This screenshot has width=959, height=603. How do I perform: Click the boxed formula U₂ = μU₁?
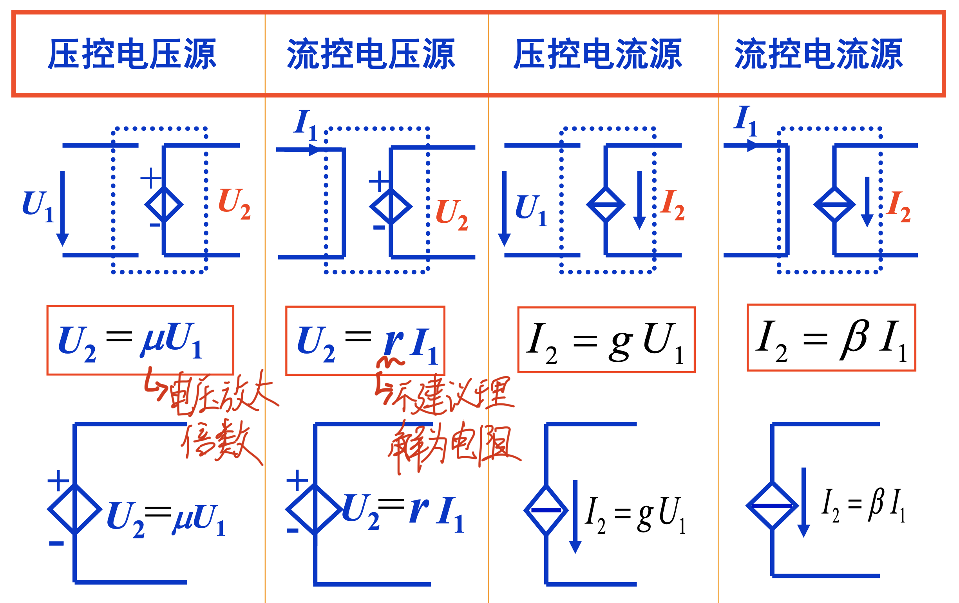pyautogui.click(x=140, y=340)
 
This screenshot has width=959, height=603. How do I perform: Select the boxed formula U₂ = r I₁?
pyautogui.click(x=365, y=341)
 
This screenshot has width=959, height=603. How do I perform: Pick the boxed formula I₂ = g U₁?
pyautogui.click(x=606, y=340)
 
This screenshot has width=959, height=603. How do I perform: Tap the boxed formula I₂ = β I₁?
pyautogui.click(x=832, y=338)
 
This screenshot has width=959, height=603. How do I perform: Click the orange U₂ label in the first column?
pyautogui.click(x=234, y=204)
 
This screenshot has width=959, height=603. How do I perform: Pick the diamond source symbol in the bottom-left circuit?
pyautogui.click(x=75, y=509)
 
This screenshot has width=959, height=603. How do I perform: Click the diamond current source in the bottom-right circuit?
pyautogui.click(x=772, y=506)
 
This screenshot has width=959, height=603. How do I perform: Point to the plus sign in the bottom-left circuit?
pyautogui.click(x=58, y=481)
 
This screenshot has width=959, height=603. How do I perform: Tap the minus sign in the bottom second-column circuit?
pyautogui.click(x=292, y=531)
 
